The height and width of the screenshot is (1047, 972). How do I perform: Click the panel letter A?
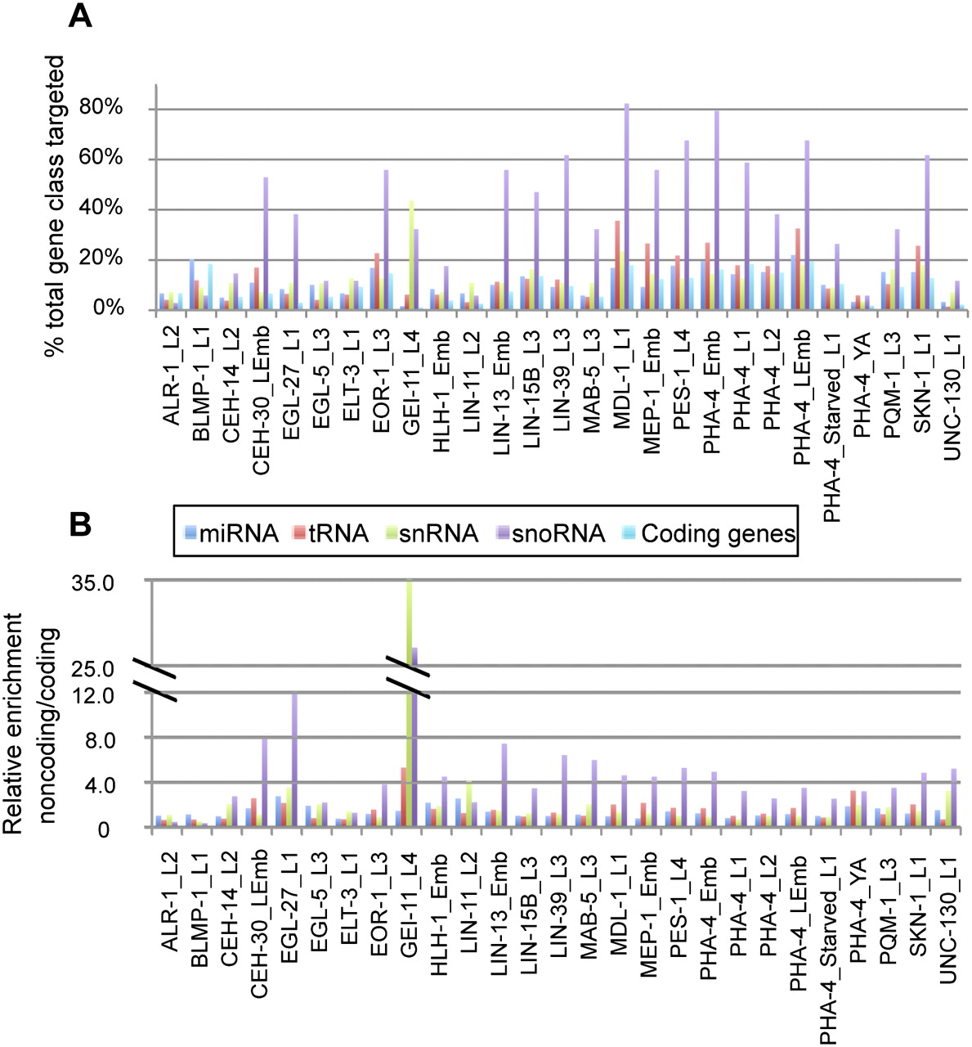79,15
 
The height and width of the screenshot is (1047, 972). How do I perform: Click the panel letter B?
79,524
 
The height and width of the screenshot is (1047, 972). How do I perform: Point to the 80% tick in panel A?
101,108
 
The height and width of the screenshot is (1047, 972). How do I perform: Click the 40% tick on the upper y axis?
101,209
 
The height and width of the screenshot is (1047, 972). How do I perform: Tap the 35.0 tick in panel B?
116,583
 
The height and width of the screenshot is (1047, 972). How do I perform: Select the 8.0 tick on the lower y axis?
119,740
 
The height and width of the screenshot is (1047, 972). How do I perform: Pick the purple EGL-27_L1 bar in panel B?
294,761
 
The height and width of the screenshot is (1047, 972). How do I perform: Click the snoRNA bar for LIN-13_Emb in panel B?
505,785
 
